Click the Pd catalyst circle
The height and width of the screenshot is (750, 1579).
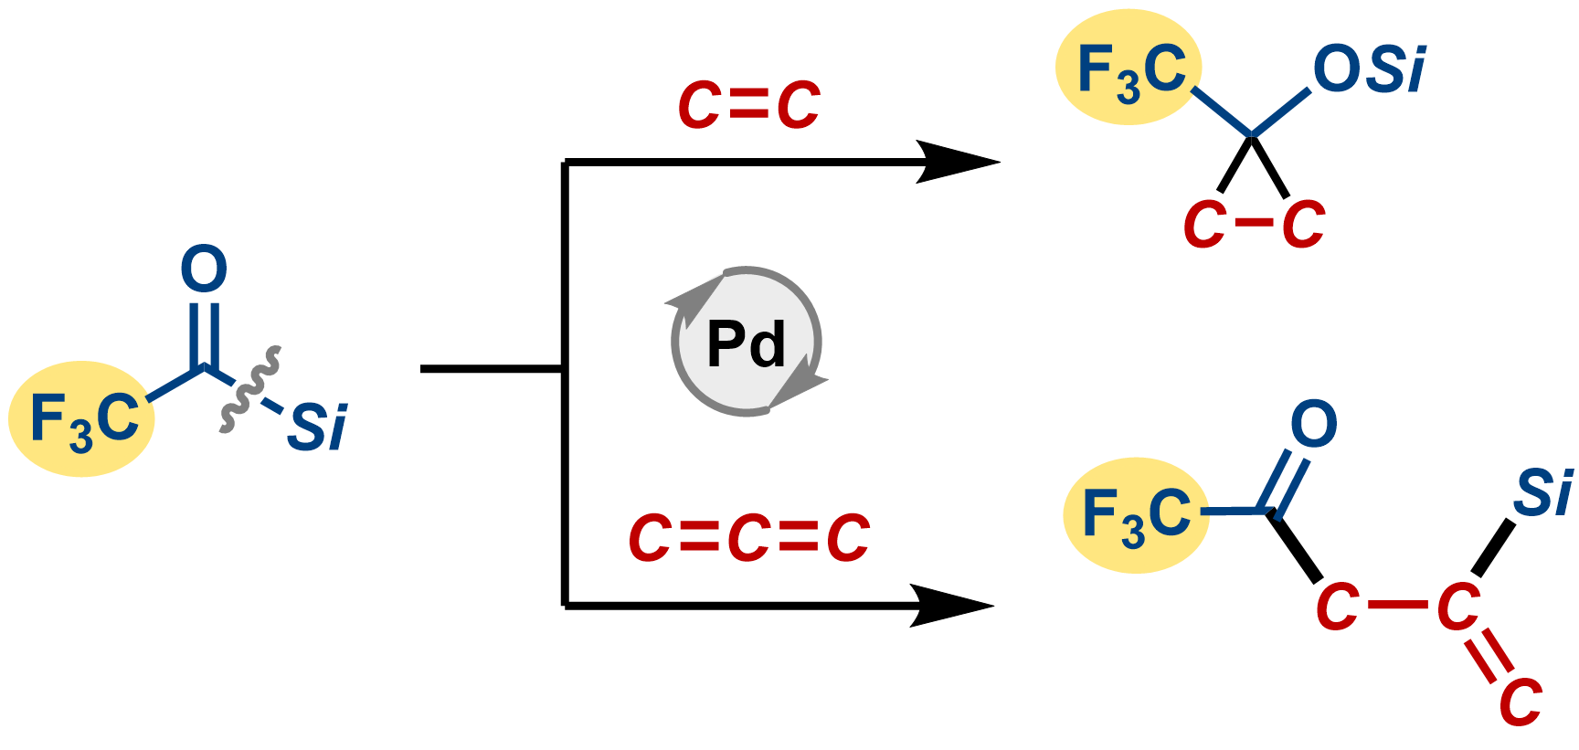[747, 343]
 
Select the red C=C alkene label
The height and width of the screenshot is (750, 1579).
[748, 105]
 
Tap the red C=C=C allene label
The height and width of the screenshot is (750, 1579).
[748, 537]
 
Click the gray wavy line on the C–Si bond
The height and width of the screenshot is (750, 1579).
[249, 388]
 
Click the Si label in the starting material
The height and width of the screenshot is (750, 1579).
[317, 427]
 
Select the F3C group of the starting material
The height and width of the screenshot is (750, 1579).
[82, 419]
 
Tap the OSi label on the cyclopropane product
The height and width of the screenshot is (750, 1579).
[1368, 69]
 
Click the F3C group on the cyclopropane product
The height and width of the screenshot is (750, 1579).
[1129, 69]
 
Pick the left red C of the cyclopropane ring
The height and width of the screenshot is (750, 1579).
[1204, 225]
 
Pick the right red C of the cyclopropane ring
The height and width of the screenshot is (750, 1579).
[1303, 225]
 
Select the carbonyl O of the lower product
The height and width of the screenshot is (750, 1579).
[1313, 424]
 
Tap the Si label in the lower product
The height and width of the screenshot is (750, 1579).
[1542, 493]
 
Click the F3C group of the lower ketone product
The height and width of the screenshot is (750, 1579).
[1136, 514]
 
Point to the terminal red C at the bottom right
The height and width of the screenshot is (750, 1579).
[1521, 702]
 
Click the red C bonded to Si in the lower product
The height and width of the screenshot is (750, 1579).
[1458, 606]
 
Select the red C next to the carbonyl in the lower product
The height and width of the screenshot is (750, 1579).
[1337, 606]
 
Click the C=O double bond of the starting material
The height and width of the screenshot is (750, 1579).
[203, 333]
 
